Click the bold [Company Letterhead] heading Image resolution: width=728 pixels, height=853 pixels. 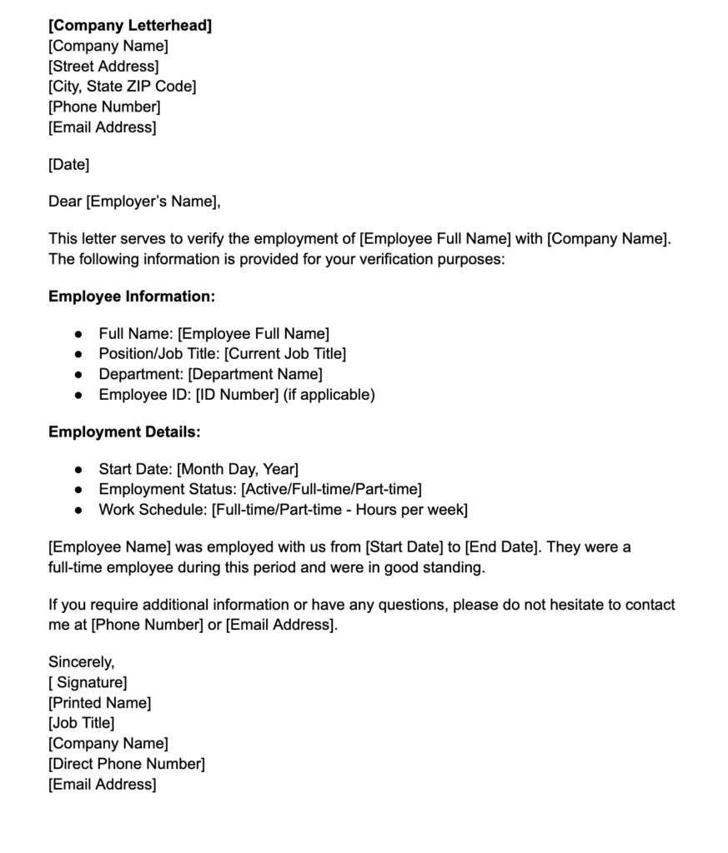tap(130, 26)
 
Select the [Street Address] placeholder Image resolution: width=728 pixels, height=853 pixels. tap(103, 67)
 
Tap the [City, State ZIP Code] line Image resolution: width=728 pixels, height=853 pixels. tap(123, 87)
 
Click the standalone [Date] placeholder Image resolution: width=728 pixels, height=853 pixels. tap(68, 165)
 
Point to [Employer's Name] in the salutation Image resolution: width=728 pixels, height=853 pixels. tap(153, 202)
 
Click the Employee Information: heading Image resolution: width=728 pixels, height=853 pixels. tap(132, 297)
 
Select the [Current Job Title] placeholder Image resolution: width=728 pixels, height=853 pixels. tap(285, 354)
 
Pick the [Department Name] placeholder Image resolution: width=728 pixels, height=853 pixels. tap(255, 375)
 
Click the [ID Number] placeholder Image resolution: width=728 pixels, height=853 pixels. tap(237, 395)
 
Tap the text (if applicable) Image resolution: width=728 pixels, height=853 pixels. tap(329, 395)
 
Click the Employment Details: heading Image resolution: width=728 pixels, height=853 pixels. tap(124, 432)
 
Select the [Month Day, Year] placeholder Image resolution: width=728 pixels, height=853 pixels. tap(238, 470)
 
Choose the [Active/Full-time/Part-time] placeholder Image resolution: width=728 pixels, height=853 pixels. tap(331, 490)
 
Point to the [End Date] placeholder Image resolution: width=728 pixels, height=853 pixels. tap(500, 548)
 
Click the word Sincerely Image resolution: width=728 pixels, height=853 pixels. tap(81, 663)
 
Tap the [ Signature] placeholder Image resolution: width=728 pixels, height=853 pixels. tap(88, 683)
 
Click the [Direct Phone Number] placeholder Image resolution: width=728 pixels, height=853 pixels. tap(127, 764)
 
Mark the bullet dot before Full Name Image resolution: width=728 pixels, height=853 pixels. tap(78, 334)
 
